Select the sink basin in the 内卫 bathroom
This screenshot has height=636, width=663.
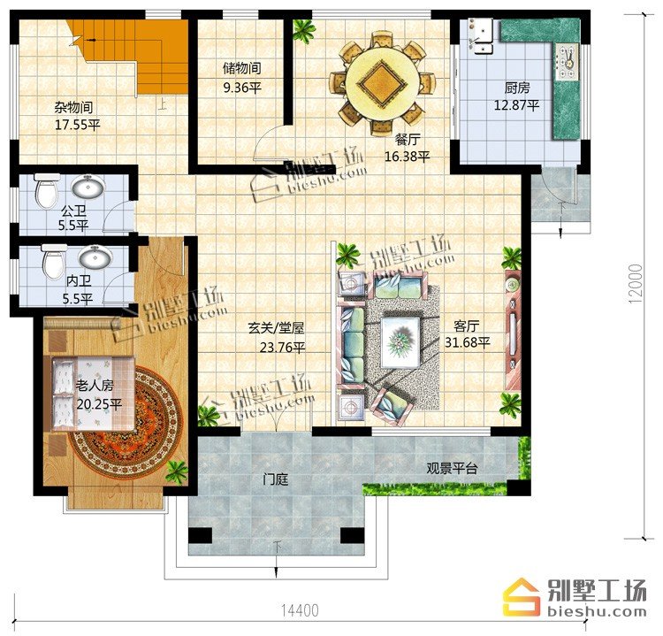(x=96, y=257)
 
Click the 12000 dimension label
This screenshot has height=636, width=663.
(x=636, y=284)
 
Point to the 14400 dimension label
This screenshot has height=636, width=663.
(x=300, y=610)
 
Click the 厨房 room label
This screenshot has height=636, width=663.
(x=517, y=88)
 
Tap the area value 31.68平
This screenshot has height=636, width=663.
(x=467, y=342)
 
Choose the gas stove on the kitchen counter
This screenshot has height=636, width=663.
(x=568, y=62)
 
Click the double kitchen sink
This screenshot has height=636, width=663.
(x=481, y=36)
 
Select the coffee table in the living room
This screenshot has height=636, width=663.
(x=400, y=342)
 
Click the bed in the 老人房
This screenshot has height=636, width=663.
(x=93, y=394)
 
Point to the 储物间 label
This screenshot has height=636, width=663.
(x=242, y=68)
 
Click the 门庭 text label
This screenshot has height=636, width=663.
(x=275, y=479)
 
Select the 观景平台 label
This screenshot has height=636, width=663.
(x=452, y=469)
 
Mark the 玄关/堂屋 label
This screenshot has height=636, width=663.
(x=276, y=328)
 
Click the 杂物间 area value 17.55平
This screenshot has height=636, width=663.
(x=78, y=126)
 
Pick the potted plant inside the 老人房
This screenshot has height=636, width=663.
(x=177, y=471)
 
